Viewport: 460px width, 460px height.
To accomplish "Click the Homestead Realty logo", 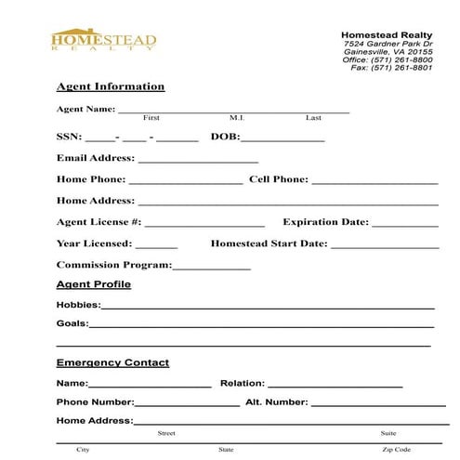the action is tap(103, 43).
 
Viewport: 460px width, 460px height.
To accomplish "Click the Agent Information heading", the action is tap(111, 86).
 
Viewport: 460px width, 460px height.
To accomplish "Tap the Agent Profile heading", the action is tap(94, 283).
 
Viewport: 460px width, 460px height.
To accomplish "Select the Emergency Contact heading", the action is tap(112, 362).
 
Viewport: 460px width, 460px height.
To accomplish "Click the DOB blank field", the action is tap(283, 139).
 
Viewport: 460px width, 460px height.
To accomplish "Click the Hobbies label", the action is tap(78, 305).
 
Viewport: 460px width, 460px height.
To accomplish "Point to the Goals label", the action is tap(72, 324).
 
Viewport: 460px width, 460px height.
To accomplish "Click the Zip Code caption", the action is tap(396, 450).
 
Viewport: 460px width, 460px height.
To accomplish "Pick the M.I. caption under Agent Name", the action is tap(236, 118).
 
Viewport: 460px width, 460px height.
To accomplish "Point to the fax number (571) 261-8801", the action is tap(405, 69).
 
